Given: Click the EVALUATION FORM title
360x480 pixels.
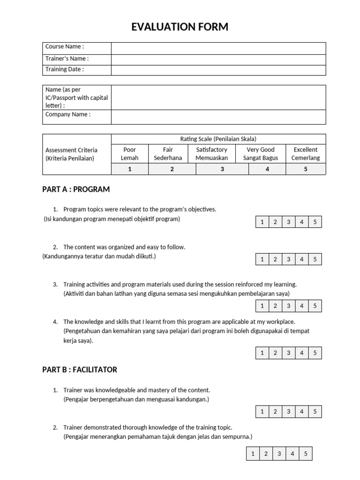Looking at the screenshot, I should (x=180, y=27).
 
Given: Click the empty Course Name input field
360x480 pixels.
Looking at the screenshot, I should (x=218, y=48).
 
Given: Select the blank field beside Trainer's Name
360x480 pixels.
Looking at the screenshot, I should (x=218, y=60).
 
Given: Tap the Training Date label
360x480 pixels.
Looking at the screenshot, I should (x=65, y=69).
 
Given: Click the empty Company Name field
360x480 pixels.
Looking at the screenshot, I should (x=218, y=117).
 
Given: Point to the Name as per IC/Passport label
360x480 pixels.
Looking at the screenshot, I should (x=76, y=97).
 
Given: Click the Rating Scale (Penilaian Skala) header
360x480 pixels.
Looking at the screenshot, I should (x=218, y=139).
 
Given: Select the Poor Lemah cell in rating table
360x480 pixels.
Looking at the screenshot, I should (x=130, y=154).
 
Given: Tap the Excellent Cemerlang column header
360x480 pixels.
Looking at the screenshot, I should (x=305, y=154).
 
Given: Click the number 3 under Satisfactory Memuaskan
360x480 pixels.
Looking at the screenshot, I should (x=222, y=169).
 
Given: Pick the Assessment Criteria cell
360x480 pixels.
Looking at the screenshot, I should (x=71, y=154).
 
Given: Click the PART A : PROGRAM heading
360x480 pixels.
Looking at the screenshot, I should (x=76, y=189).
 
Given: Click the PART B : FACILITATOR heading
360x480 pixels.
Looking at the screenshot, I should (x=80, y=369).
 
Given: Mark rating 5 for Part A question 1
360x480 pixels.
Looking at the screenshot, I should (x=315, y=222).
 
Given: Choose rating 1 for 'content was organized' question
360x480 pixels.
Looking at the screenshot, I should (x=262, y=259).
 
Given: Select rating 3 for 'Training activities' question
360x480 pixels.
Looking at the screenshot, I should (x=288, y=306).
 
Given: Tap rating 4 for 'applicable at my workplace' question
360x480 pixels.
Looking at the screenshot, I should (x=302, y=353).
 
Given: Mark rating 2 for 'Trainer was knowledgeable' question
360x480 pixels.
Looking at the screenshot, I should (x=275, y=412).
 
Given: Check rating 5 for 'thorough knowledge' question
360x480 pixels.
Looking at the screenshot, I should (x=305, y=454).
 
